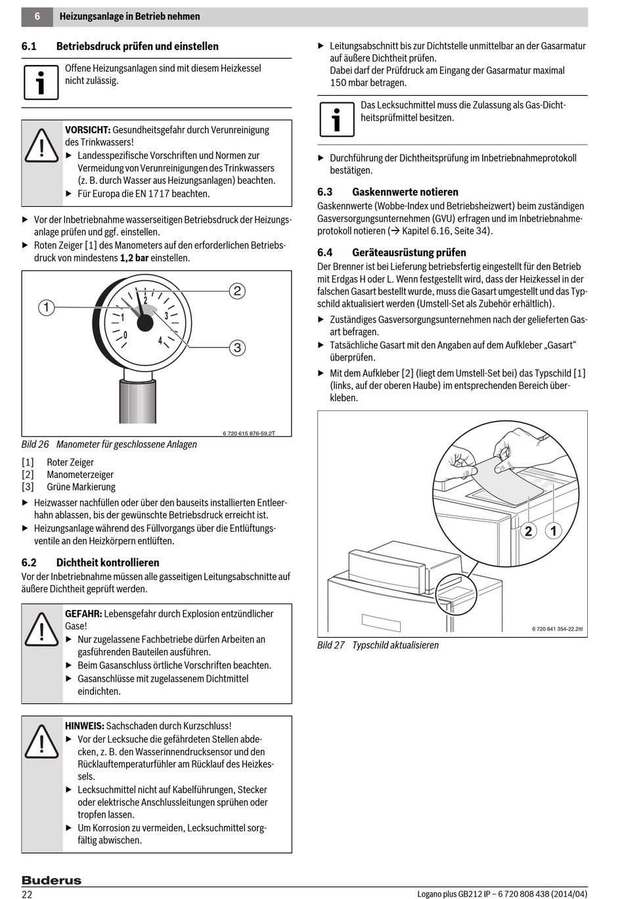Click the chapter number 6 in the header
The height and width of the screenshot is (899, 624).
37,16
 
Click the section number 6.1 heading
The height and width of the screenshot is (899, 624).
29,47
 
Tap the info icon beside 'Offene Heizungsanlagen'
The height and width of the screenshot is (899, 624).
41,82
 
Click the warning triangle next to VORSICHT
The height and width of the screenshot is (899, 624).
41,146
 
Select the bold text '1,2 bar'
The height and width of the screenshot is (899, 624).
134,258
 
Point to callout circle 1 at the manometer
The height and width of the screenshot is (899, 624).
46,307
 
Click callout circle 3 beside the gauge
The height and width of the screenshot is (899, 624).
237,347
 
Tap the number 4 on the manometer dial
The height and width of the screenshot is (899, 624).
160,341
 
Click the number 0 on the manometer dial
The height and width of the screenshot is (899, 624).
125,336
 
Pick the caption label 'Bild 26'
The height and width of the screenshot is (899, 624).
35,445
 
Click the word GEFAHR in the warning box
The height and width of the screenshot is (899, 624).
83,614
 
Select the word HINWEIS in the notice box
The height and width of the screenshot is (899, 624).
84,726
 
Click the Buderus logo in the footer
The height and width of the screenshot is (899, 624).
51,880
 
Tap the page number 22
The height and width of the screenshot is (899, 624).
27,894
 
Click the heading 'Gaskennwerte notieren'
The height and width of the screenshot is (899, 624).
405,192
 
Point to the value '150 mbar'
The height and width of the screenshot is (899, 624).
348,83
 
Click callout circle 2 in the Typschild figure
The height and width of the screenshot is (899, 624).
528,531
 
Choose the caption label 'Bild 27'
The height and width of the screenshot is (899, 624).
330,646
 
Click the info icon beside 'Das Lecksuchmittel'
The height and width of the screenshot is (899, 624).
336,119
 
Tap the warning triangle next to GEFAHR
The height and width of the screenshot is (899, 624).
41,630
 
